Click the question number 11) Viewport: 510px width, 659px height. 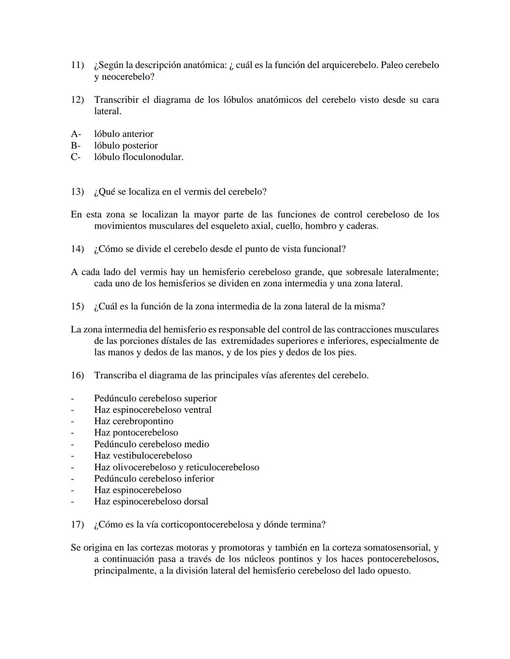[77, 65]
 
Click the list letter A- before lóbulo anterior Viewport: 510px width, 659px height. [76, 134]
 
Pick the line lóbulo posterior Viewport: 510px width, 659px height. [126, 146]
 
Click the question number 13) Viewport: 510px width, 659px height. [77, 192]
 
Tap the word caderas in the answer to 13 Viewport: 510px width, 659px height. [362, 226]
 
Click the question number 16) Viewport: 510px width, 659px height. [77, 375]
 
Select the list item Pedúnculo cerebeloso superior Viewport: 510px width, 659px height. [155, 399]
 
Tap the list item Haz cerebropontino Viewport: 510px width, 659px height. [134, 421]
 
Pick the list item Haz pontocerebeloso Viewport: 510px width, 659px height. [136, 433]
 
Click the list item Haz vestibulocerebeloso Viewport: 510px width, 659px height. [143, 456]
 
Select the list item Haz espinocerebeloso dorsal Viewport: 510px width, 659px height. [151, 501]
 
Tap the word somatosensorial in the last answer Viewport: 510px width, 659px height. [396, 548]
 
